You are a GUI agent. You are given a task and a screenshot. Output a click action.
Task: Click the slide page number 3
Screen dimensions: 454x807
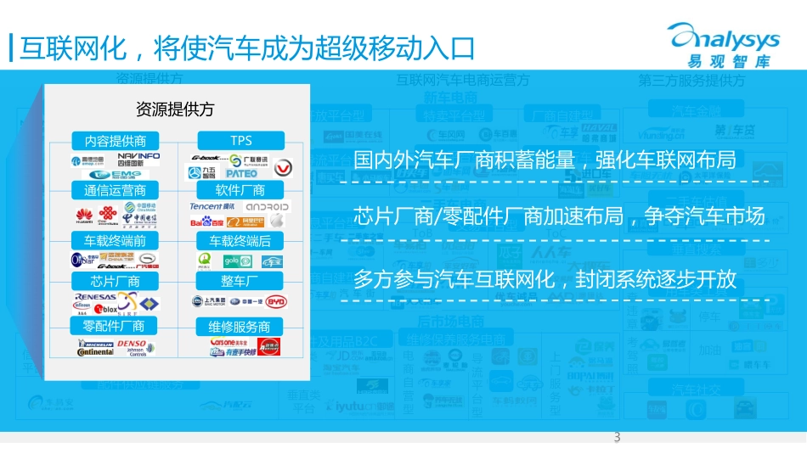(617, 438)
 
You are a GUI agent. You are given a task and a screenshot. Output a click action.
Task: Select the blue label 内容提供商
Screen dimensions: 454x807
(109, 141)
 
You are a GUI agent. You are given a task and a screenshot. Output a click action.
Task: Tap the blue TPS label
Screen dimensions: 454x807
(241, 141)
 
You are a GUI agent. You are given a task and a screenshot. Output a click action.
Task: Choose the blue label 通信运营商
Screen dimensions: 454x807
(109, 190)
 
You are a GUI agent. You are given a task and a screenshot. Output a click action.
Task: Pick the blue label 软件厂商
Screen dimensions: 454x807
(241, 190)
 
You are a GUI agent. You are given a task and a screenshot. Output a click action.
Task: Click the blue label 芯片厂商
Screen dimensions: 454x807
(109, 281)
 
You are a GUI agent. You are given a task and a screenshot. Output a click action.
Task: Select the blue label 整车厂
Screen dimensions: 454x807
(241, 281)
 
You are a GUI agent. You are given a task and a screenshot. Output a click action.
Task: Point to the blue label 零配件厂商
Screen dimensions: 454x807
(109, 326)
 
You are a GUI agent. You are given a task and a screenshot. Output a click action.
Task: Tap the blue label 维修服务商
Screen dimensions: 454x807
(241, 326)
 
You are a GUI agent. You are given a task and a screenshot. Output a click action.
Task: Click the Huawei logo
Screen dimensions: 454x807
(85, 214)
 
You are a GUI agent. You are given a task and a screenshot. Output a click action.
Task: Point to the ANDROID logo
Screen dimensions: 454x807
(268, 206)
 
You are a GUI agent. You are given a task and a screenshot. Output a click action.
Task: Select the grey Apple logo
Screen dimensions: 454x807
(276, 221)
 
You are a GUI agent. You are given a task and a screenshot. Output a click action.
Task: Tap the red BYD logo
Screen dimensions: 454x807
(276, 301)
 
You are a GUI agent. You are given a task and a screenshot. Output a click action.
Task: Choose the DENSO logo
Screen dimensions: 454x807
(132, 344)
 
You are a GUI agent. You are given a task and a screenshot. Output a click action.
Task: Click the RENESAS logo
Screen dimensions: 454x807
(95, 297)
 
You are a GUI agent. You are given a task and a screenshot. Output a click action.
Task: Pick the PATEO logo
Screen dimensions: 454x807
(241, 173)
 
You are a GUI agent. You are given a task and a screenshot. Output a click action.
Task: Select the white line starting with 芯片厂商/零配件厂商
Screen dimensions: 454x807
(559, 217)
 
